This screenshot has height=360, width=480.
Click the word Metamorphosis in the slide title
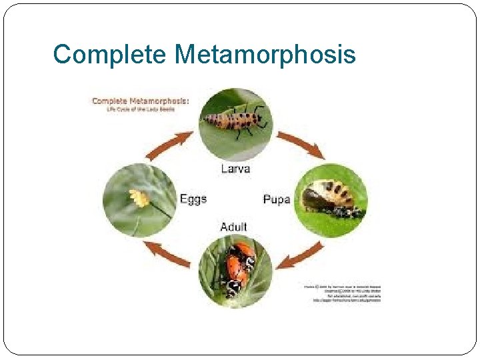[265, 54]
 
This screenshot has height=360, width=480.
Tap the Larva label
[235, 169]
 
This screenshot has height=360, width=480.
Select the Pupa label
[276, 199]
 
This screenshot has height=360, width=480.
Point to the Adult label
[233, 227]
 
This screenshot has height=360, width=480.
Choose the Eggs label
[193, 199]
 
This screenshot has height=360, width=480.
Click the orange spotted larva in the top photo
[237, 121]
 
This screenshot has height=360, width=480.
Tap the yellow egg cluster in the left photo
[139, 197]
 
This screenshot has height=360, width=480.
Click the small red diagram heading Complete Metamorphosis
[140, 101]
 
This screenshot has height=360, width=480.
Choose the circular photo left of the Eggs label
[139, 200]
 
